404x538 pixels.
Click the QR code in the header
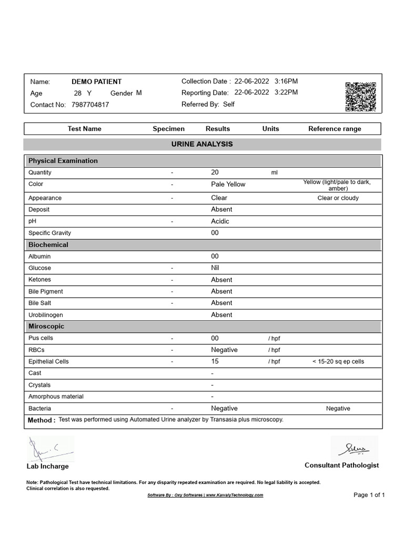[360, 97]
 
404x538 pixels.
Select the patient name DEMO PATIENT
[96, 81]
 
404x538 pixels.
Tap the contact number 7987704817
[89, 105]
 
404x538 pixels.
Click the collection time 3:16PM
[286, 81]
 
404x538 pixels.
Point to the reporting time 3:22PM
[286, 92]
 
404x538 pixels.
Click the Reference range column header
[335, 129]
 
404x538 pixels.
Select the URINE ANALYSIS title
[202, 144]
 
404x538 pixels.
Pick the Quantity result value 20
[215, 172]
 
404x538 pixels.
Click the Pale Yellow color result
[228, 184]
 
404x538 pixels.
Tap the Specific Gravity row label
[49, 233]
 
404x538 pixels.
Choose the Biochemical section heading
[48, 245]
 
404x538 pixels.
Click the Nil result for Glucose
[216, 268]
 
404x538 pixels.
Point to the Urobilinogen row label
[46, 315]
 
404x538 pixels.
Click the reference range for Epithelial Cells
[338, 361]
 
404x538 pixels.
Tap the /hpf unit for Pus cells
[274, 338]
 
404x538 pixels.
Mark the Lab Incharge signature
[50, 449]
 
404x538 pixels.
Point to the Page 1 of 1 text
[369, 495]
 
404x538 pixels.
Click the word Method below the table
[40, 420]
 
